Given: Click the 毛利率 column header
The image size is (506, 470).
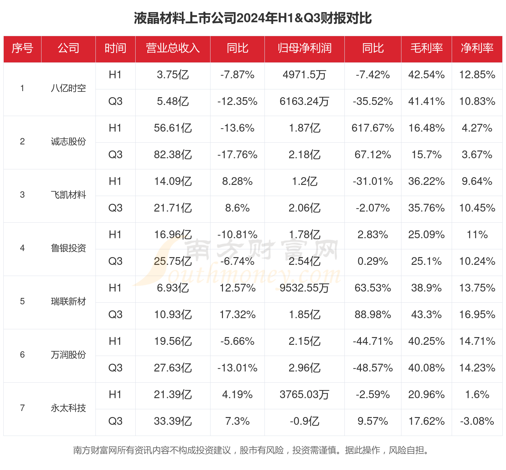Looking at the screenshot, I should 426,48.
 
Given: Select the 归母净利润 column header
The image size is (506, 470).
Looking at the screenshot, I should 304,48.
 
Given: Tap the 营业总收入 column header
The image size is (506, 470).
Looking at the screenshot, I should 173,48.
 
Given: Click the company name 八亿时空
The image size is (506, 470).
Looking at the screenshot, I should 68,88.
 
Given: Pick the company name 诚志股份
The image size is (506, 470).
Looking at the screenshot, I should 68,142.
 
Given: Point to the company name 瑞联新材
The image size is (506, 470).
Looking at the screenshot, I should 68,302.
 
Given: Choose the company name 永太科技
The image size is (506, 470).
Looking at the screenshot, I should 68,408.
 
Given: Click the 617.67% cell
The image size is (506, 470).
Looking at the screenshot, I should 373,128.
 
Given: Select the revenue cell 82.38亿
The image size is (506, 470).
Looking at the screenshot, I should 173,155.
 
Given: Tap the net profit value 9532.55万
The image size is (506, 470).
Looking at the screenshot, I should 304,288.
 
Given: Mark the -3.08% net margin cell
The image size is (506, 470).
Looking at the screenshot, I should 477,421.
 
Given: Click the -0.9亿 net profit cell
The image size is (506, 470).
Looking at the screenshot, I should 304,421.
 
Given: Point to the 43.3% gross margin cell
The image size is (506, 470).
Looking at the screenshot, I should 426,315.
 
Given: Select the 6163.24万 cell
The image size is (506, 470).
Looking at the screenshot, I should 304,102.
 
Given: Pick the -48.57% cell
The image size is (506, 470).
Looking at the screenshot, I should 373,368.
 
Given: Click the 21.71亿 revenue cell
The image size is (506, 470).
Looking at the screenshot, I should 173,208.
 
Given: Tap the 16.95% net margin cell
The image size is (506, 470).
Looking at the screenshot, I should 477,315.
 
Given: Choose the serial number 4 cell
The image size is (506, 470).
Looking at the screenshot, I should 22,248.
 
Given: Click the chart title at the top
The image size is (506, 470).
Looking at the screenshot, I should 253,18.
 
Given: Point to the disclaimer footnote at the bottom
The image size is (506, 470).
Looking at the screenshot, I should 252,450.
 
